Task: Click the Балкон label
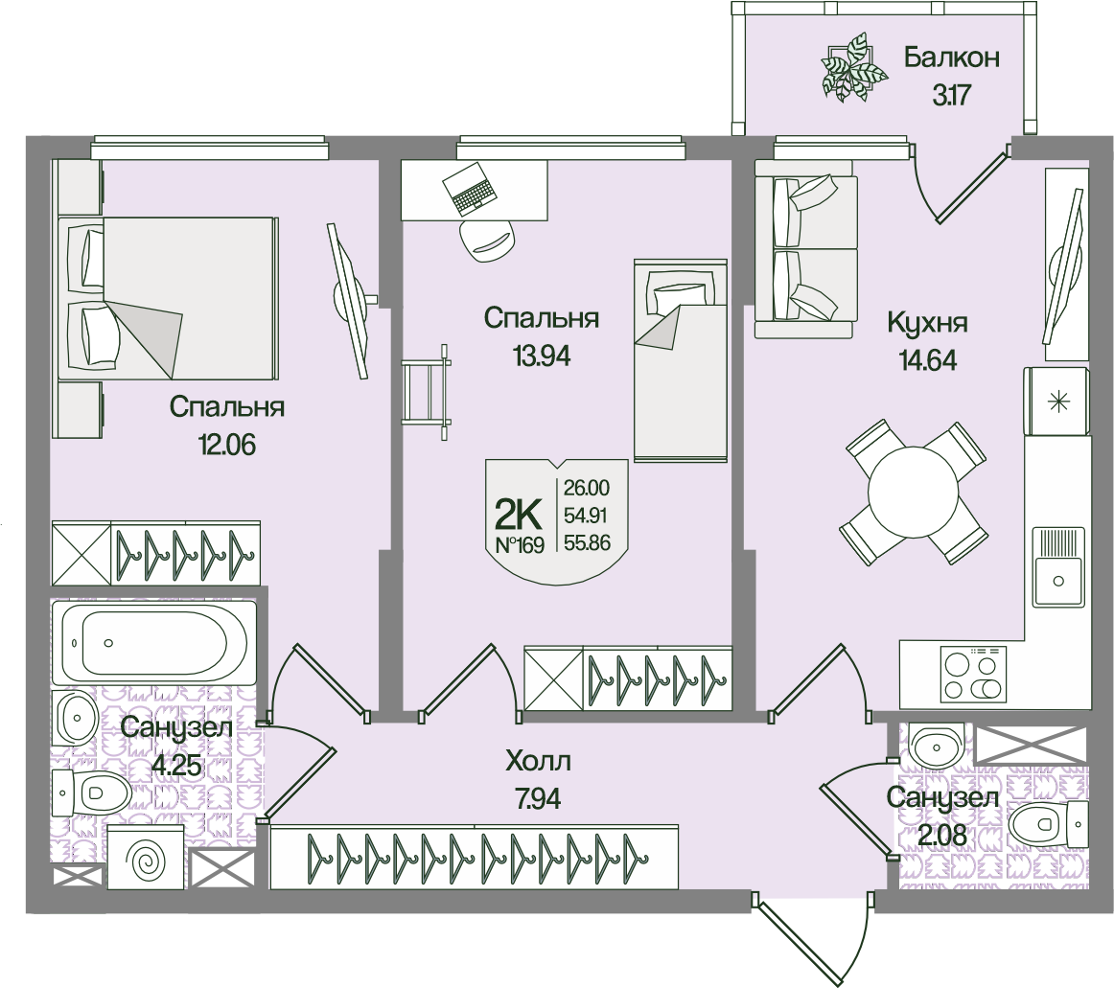coord(951,57)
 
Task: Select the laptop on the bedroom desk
coord(472,191)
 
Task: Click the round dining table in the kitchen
coord(913,494)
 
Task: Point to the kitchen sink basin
coord(1058,579)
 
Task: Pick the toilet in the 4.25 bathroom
coord(92,793)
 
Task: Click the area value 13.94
coord(542,356)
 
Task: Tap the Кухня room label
coord(926,322)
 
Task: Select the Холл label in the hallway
coord(538,763)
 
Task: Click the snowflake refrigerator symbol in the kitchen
coord(1058,402)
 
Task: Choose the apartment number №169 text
coord(518,545)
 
